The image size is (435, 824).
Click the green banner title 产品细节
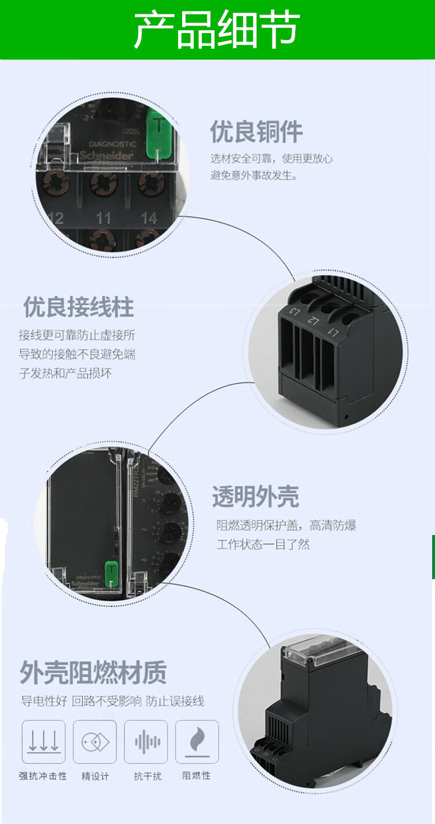point(217,30)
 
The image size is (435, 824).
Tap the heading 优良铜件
point(256,132)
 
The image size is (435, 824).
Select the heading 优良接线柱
point(78,307)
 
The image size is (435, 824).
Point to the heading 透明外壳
point(255,497)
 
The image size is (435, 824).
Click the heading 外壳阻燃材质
point(93,673)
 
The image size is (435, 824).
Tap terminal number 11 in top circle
point(103,218)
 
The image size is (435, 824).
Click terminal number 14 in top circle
point(149,218)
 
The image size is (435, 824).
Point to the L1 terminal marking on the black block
point(333,331)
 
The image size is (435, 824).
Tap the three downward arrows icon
point(43,742)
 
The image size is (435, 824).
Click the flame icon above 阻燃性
point(197,742)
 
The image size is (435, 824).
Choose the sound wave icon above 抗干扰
point(146,742)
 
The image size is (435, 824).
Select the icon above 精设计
point(95,742)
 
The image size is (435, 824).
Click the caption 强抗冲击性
point(43,776)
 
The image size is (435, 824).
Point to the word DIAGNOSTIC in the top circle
point(113,144)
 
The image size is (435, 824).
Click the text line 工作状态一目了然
point(263,544)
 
